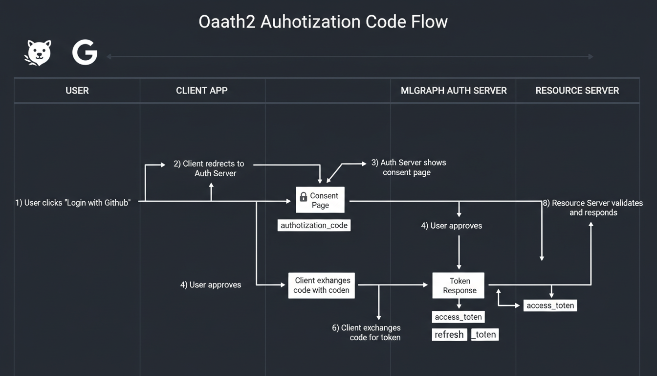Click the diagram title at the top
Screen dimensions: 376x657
(323, 22)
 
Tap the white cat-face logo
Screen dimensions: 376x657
(38, 53)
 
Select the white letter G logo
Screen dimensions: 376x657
(85, 53)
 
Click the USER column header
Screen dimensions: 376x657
(77, 91)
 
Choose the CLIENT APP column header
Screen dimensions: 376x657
(202, 91)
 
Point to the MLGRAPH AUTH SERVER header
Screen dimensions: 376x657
(454, 91)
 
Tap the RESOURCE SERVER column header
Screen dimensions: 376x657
(577, 91)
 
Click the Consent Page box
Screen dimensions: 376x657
(320, 200)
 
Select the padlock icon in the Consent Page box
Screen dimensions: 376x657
(303, 196)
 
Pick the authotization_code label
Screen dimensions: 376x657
(314, 225)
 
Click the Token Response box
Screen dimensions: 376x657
(459, 285)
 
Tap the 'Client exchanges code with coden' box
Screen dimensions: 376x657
(321, 285)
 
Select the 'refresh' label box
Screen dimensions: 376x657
(449, 334)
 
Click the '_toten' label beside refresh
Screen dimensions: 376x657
(484, 334)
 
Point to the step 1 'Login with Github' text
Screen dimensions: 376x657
(73, 203)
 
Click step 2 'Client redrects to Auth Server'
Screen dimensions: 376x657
(209, 168)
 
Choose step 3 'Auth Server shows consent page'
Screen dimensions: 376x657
(409, 167)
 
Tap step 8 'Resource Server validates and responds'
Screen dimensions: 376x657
(593, 208)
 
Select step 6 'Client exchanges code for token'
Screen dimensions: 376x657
(367, 332)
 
